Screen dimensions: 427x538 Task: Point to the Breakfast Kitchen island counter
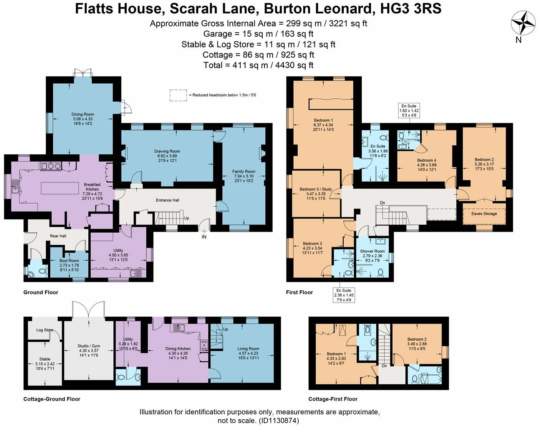click(x=61, y=188)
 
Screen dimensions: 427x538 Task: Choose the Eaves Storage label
click(x=484, y=214)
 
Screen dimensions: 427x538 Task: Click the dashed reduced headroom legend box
click(x=178, y=95)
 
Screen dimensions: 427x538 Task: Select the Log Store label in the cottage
click(x=45, y=330)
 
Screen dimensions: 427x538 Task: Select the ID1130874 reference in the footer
click(x=279, y=420)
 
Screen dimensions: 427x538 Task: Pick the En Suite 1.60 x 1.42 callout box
click(x=409, y=111)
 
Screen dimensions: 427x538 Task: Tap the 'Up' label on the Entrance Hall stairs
click(x=187, y=218)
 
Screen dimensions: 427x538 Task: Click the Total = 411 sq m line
click(x=258, y=65)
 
